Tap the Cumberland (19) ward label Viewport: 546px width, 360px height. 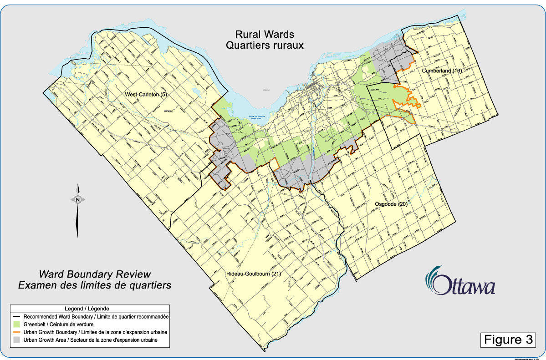442,71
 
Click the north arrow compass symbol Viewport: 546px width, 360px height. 78,199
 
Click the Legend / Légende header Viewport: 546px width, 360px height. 90,309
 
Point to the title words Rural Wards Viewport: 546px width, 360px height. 265,35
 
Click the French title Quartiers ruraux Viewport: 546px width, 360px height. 265,46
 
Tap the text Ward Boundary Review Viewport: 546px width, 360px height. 95,274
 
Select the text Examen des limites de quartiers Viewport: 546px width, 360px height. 95,285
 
